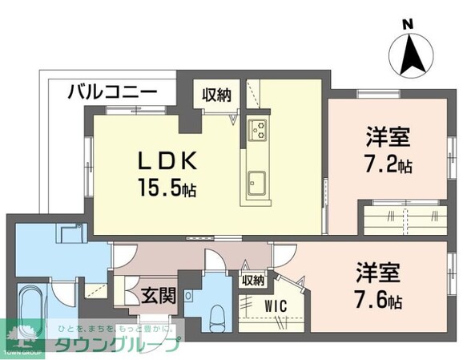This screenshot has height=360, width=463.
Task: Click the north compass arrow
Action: [413, 55]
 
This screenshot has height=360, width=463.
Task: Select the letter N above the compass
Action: [407, 25]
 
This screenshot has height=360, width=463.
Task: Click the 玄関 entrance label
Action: [159, 295]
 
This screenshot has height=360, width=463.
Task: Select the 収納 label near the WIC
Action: [252, 280]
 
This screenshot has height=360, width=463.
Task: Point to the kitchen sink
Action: [259, 180]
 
